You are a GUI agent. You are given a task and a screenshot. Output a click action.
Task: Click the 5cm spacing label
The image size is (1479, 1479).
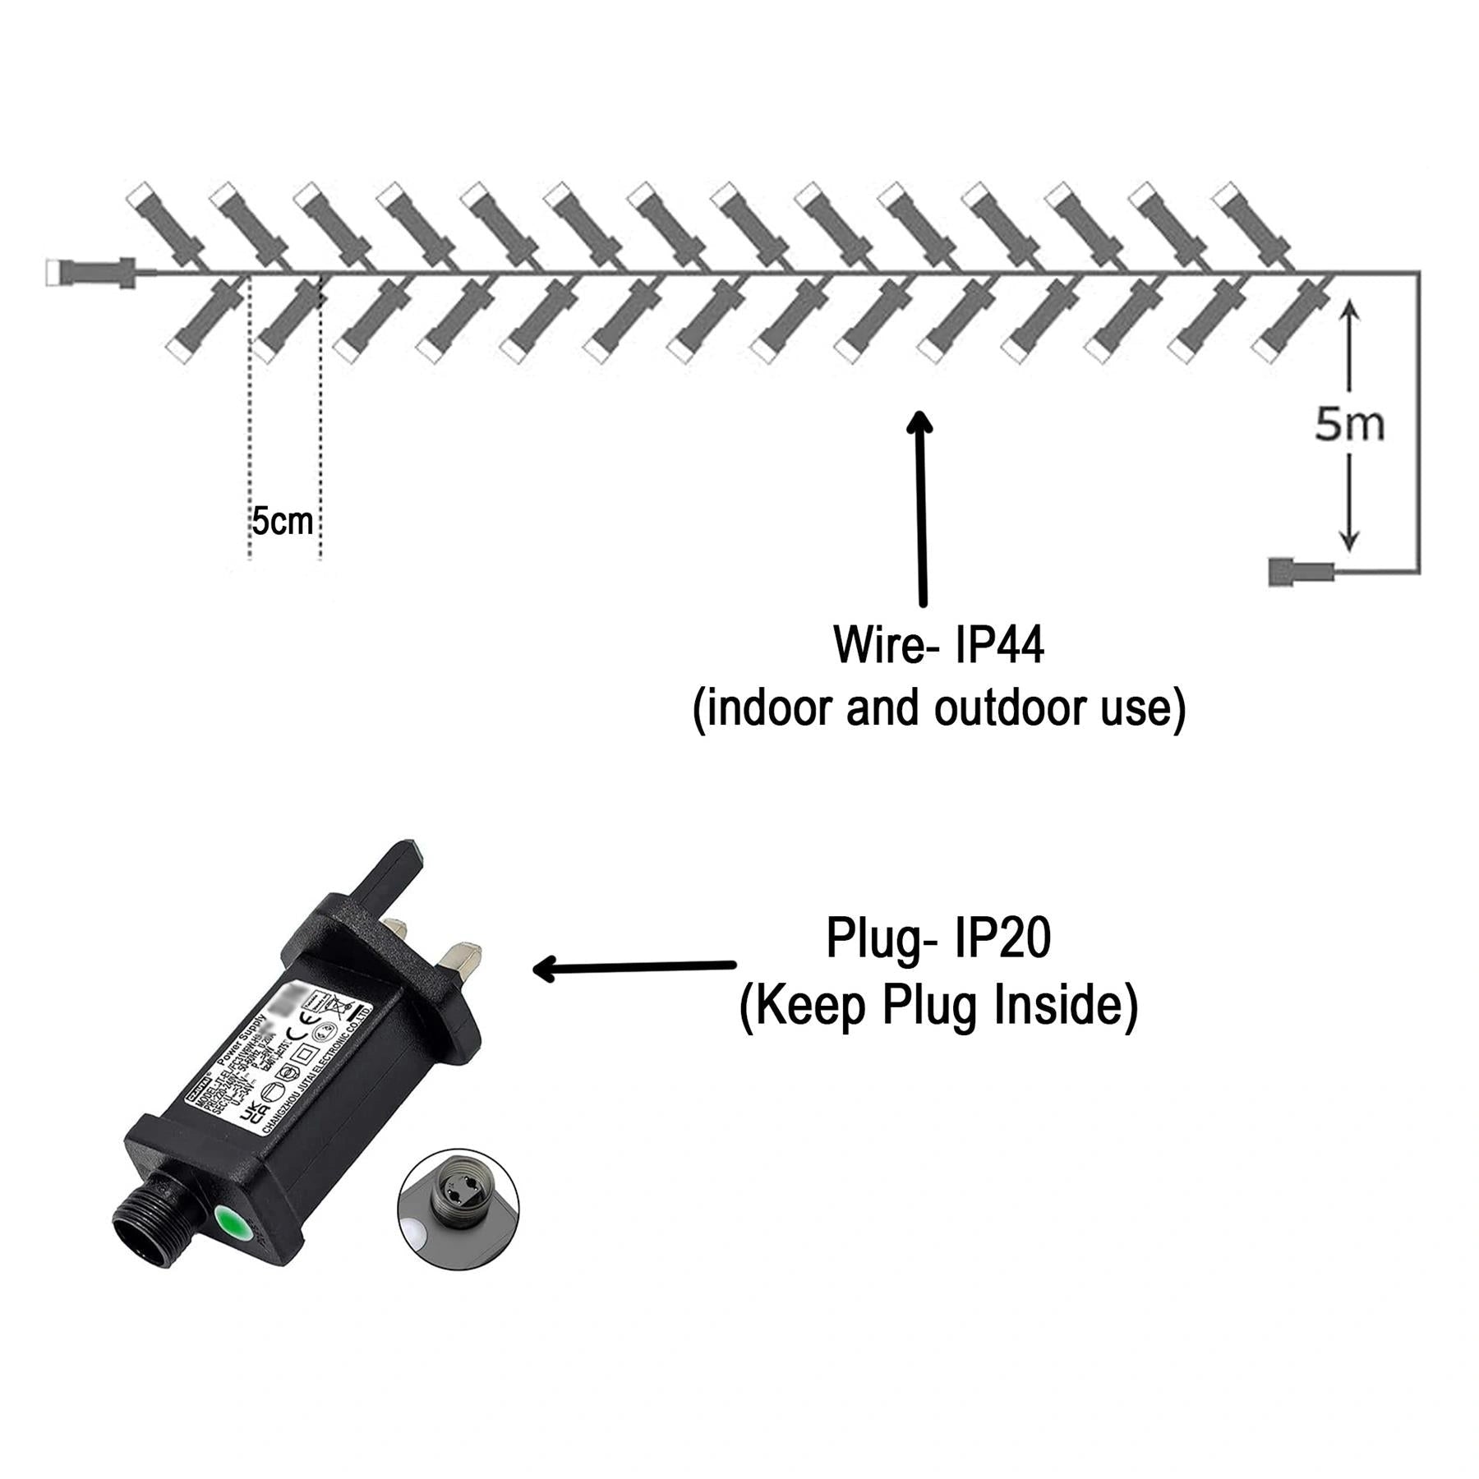(282, 523)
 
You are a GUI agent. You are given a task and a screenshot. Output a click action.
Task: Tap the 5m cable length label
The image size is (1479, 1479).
(1349, 425)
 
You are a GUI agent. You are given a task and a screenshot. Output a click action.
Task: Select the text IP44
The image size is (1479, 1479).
(999, 646)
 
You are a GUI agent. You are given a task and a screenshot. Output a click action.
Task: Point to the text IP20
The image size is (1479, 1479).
(1002, 939)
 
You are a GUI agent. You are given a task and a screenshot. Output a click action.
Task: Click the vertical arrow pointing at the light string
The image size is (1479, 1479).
(922, 509)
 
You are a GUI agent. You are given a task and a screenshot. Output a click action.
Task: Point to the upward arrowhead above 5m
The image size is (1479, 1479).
(1349, 312)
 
